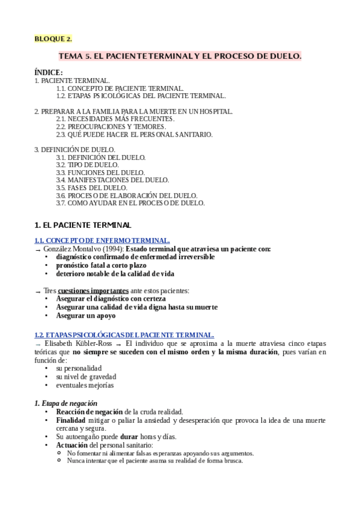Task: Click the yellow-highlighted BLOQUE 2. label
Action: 53,39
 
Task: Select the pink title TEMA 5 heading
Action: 180,56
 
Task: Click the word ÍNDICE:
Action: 49,72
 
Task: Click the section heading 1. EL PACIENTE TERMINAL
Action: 82,225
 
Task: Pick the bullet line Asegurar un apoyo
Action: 85,315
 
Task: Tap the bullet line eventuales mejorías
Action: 85,385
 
